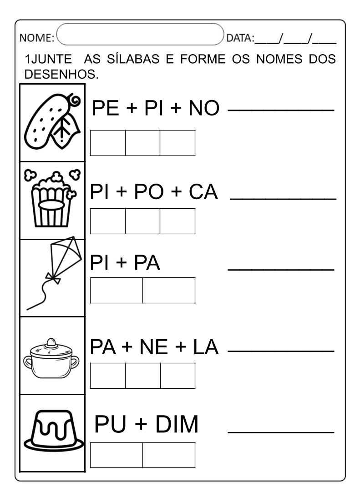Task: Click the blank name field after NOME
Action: click(141, 35)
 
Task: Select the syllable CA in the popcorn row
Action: click(203, 192)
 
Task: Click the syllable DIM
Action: click(177, 425)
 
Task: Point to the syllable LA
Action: click(206, 348)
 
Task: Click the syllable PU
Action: click(109, 425)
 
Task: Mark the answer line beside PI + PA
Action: click(280, 269)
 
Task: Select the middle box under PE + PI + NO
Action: click(142, 143)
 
